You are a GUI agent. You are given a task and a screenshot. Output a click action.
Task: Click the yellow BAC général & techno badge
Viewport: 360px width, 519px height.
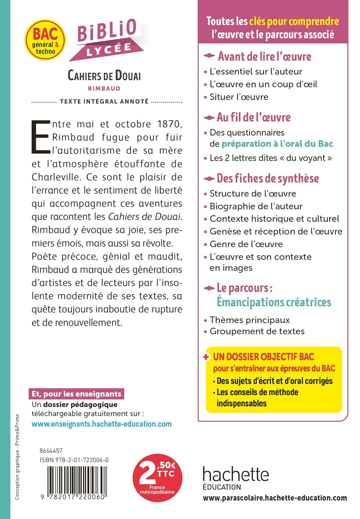pyautogui.click(x=45, y=40)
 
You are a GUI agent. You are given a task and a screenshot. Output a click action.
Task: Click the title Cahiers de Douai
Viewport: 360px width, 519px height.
pyautogui.click(x=104, y=75)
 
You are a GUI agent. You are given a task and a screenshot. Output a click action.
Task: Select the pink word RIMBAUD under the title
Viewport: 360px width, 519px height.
pyautogui.click(x=104, y=89)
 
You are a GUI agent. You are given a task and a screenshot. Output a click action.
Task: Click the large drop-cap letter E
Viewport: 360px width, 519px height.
pyautogui.click(x=40, y=137)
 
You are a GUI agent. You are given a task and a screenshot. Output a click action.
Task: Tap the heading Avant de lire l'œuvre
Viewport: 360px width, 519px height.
pyautogui.click(x=264, y=56)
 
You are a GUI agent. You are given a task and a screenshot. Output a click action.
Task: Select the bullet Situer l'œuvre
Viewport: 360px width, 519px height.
pyautogui.click(x=239, y=97)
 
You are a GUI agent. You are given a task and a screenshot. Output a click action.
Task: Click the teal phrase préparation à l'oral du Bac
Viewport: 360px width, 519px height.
pyautogui.click(x=277, y=144)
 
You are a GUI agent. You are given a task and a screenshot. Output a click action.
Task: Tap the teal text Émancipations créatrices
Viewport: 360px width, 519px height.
pyautogui.click(x=274, y=302)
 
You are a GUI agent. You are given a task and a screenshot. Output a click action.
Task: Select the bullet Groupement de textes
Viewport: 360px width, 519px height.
pyautogui.click(x=257, y=331)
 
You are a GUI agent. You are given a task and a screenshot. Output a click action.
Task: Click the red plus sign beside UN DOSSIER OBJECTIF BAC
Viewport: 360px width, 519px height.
pyautogui.click(x=206, y=357)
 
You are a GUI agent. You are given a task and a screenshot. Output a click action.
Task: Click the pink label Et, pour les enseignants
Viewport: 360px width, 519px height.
pyautogui.click(x=76, y=394)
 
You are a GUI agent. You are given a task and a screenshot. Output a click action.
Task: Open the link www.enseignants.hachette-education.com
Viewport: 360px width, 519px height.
pyautogui.click(x=101, y=424)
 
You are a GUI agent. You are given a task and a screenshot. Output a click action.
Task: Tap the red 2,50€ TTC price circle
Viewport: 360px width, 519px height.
pyautogui.click(x=157, y=478)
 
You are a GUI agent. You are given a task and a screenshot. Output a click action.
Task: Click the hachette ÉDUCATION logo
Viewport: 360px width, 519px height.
pyautogui.click(x=236, y=477)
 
